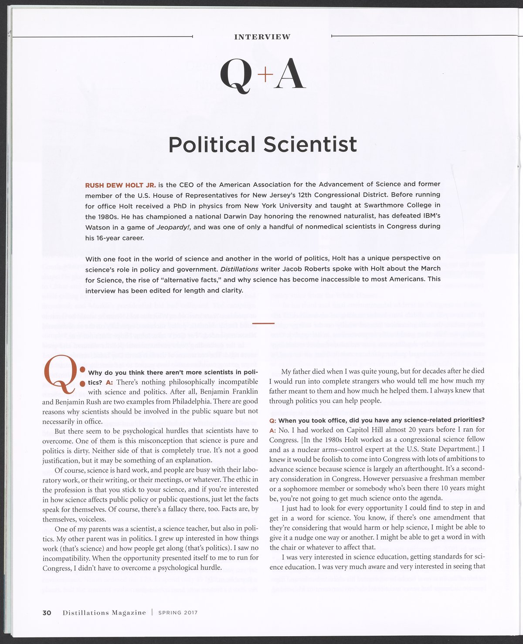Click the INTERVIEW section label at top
262,37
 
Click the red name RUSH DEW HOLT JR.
120,185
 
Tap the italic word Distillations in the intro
239,269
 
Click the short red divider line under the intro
263,323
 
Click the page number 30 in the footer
47,613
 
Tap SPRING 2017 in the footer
178,613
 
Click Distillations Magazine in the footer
104,613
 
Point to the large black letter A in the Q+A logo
289,75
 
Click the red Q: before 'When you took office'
272,420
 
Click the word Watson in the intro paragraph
97,227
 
